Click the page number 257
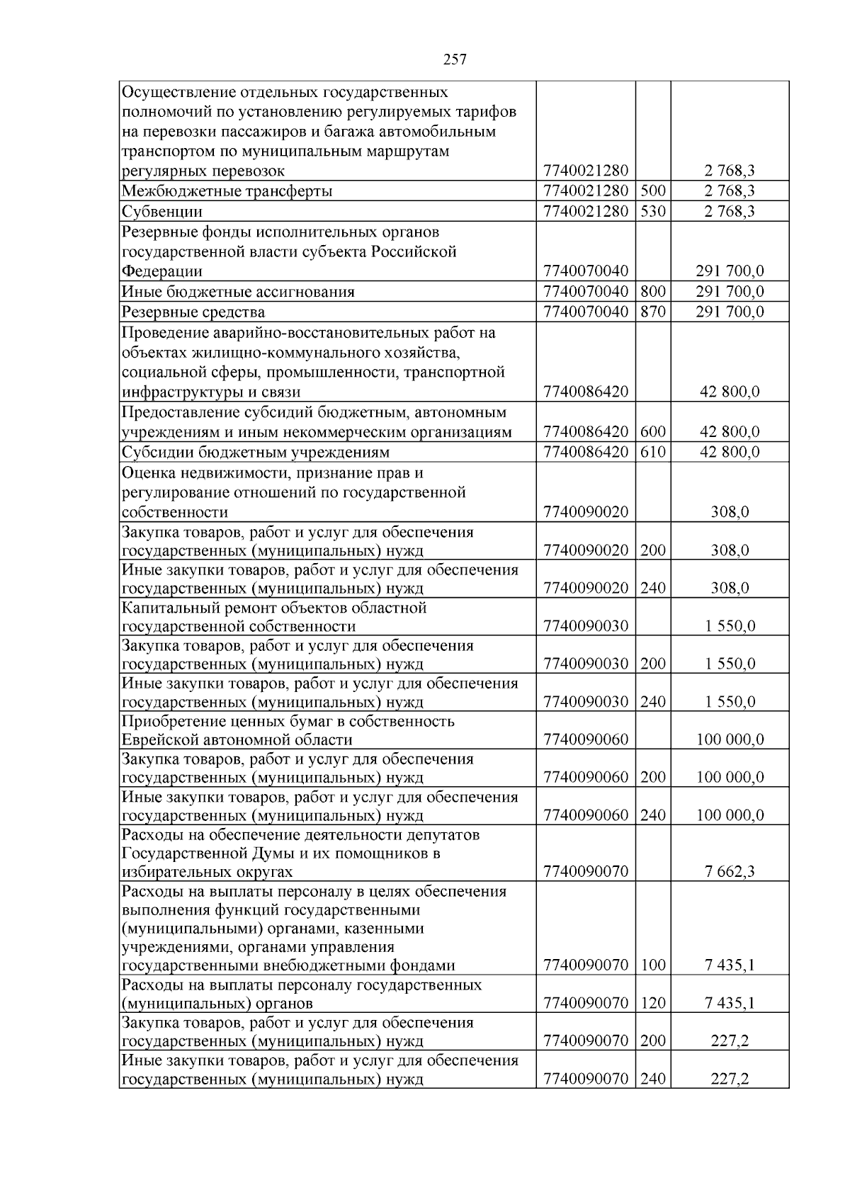point(455,59)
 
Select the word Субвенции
point(162,211)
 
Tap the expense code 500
point(652,191)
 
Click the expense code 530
point(652,211)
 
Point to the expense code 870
point(652,312)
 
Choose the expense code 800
point(652,291)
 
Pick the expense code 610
point(652,452)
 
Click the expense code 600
point(652,431)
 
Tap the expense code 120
point(652,1003)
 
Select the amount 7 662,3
point(730,871)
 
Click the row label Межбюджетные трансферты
point(227,191)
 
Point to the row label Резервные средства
point(193,312)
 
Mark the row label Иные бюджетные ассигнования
point(238,291)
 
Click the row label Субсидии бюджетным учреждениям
point(256,452)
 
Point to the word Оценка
point(147,472)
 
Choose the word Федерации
point(162,271)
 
